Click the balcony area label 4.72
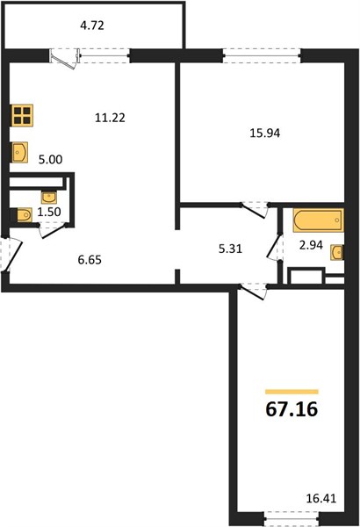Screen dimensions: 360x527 click(x=92, y=25)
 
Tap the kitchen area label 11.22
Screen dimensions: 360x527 click(x=110, y=118)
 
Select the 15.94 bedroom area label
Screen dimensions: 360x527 click(x=265, y=134)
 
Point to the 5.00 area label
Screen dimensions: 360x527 click(x=50, y=160)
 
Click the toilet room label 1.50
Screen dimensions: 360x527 click(x=49, y=212)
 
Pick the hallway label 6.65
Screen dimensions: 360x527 click(x=90, y=260)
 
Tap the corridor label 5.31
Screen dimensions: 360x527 click(x=230, y=249)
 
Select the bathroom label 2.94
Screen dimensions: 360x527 click(x=311, y=245)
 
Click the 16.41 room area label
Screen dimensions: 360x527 click(x=321, y=498)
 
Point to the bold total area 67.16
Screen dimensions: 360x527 click(x=292, y=409)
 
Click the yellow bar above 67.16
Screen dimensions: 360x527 click(x=292, y=392)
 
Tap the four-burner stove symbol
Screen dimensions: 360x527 click(x=22, y=115)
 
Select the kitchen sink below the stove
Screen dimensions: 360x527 click(x=19, y=152)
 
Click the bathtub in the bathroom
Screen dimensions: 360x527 click(x=319, y=220)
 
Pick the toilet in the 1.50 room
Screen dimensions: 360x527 click(x=24, y=215)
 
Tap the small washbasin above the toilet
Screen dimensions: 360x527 click(x=49, y=198)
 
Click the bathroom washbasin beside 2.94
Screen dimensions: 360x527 click(x=337, y=252)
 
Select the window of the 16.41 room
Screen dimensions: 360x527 click(x=292, y=518)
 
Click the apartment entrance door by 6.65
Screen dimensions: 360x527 click(x=11, y=254)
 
